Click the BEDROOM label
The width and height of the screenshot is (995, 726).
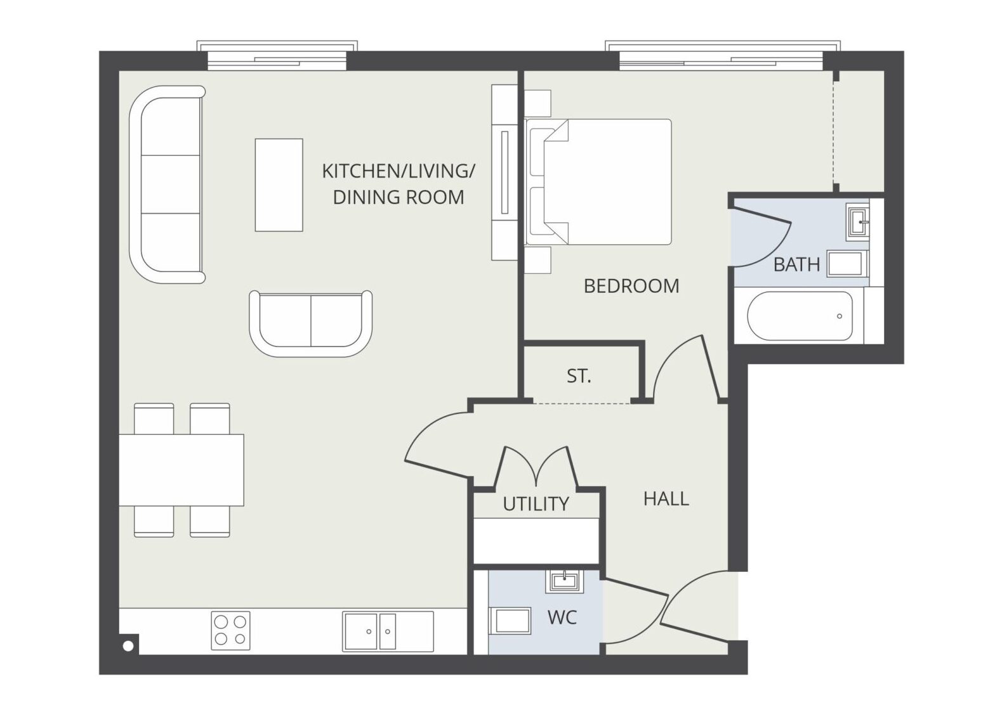pyautogui.click(x=631, y=286)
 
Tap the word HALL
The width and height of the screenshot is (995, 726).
pyautogui.click(x=666, y=499)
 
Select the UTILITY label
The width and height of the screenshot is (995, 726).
pyautogui.click(x=536, y=504)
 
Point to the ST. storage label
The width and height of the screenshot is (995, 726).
pyautogui.click(x=579, y=376)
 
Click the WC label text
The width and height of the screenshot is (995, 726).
pyautogui.click(x=562, y=618)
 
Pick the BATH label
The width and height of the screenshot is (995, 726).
pyautogui.click(x=796, y=264)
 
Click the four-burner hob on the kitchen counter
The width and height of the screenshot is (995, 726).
pyautogui.click(x=230, y=631)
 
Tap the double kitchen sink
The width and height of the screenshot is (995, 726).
pyautogui.click(x=388, y=632)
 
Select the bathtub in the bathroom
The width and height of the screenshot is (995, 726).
pyautogui.click(x=800, y=316)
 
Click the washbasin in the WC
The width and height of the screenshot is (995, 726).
pyautogui.click(x=564, y=581)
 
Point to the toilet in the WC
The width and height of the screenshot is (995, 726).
pyautogui.click(x=510, y=621)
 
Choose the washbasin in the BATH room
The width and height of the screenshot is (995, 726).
pyautogui.click(x=857, y=222)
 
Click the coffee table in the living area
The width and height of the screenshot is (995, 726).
pyautogui.click(x=279, y=185)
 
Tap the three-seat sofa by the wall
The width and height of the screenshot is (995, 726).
pyautogui.click(x=167, y=184)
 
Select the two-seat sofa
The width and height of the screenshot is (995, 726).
pyautogui.click(x=310, y=323)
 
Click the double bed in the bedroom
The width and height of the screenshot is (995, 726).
pyautogui.click(x=598, y=181)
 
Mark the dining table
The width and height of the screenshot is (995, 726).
pyautogui.click(x=181, y=470)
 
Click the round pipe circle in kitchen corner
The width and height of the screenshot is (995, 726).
pyautogui.click(x=128, y=646)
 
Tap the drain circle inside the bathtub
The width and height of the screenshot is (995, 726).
pyautogui.click(x=839, y=316)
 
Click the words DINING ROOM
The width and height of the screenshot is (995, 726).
pyautogui.click(x=399, y=197)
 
